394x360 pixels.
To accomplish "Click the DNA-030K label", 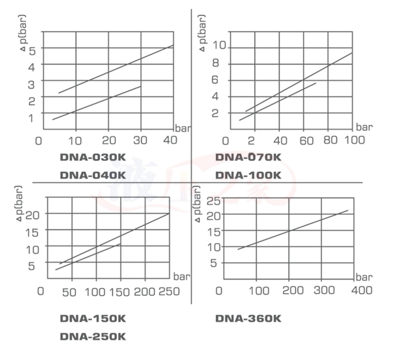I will click(92, 158).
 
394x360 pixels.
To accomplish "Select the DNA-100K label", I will click(248, 175).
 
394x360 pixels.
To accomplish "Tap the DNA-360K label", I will click(248, 318).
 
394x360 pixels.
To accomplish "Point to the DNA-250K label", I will click(92, 337).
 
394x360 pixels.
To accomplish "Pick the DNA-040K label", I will click(92, 175).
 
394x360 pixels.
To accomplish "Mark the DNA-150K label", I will click(92, 318).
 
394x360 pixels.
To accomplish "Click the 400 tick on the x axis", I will click(361, 290).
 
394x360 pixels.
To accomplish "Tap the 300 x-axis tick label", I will click(326, 290).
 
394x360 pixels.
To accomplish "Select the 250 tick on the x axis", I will click(169, 291).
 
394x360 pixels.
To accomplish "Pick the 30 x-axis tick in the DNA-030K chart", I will click(140, 140).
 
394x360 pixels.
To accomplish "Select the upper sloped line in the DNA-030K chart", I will click(116, 69).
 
